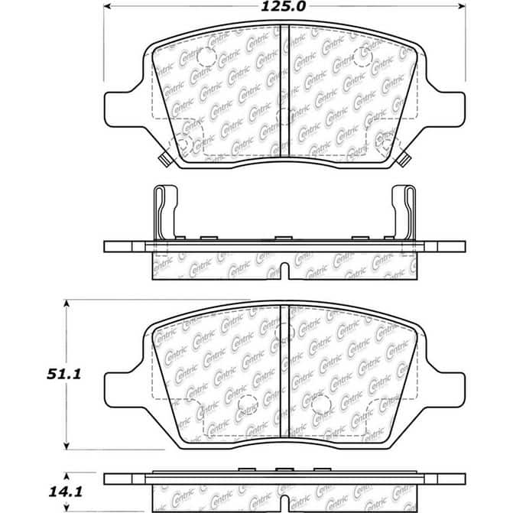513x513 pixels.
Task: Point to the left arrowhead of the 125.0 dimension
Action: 107,7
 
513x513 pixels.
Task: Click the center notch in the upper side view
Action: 284,271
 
